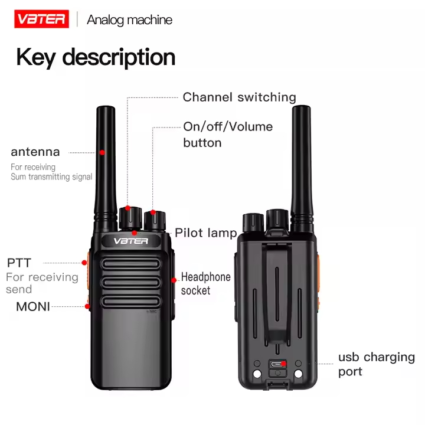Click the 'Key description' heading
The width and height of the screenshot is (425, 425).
(96, 57)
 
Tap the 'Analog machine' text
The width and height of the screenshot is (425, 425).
(129, 19)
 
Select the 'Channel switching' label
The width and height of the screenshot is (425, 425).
(239, 97)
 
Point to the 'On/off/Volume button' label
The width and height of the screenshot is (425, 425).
(228, 135)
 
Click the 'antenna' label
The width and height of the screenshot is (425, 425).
(35, 152)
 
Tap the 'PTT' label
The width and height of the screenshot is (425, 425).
(19, 263)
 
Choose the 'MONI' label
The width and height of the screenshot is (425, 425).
(33, 306)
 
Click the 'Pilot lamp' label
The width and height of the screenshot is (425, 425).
(205, 233)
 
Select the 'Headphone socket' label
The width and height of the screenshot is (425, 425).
(205, 283)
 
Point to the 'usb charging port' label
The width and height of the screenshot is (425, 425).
(376, 364)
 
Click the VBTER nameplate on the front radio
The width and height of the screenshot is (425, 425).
(131, 241)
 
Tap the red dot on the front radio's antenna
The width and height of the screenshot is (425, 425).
(102, 152)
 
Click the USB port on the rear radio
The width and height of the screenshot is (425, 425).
(277, 364)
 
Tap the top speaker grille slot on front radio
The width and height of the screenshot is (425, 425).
(131, 264)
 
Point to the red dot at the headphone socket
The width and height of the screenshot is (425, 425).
(174, 280)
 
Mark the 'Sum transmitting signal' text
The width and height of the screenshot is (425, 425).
(51, 176)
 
